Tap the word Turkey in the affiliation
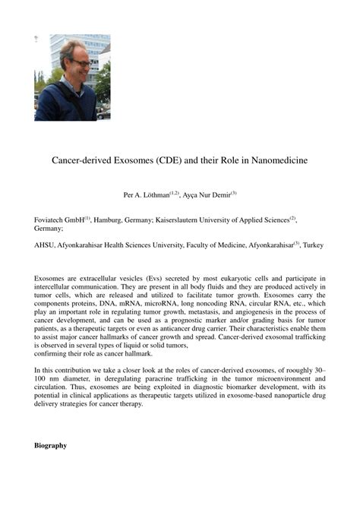coord(314,245)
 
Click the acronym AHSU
coord(45,245)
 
